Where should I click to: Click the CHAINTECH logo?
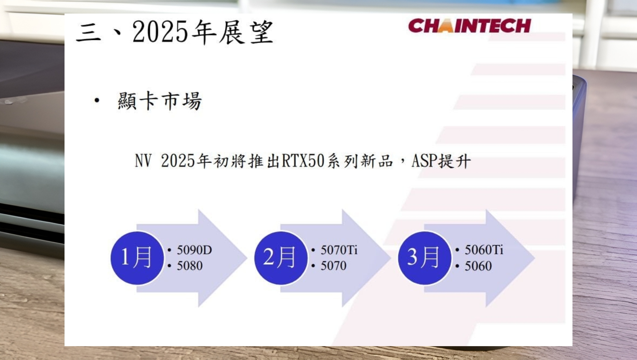[x=470, y=25]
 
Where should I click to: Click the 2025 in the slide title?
[x=160, y=31]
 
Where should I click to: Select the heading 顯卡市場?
[x=160, y=101]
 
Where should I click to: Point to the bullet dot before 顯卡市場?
[x=97, y=100]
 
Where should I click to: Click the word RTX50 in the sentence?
[x=303, y=160]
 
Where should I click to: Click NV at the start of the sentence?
[x=143, y=160]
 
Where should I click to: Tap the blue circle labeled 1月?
[x=137, y=258]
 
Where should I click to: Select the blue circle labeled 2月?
[x=281, y=258]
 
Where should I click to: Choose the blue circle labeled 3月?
[x=425, y=258]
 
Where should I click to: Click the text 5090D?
[x=194, y=250]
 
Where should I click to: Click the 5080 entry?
[x=189, y=266]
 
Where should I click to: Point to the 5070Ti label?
[x=339, y=250]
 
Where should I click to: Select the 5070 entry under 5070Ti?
[x=333, y=266]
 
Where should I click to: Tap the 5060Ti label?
[x=484, y=250]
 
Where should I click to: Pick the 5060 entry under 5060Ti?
[x=478, y=266]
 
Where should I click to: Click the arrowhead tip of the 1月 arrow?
[x=247, y=258]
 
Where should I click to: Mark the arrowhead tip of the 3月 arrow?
[x=534, y=258]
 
